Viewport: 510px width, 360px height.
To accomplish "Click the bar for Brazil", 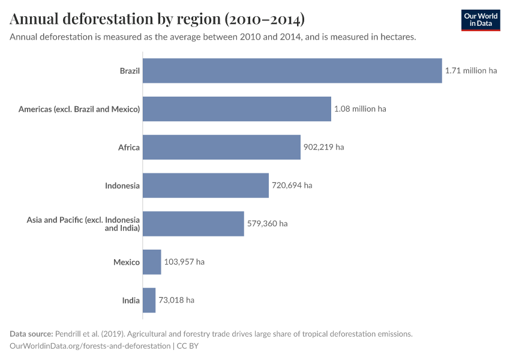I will [x=292, y=71].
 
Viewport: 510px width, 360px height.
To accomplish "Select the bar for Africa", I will [x=221, y=147].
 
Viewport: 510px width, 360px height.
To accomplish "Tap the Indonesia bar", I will [x=205, y=185].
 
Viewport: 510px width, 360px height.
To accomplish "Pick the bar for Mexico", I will [x=152, y=262].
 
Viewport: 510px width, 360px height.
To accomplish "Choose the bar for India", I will [x=149, y=300].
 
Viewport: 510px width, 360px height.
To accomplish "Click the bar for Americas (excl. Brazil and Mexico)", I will [x=236, y=109].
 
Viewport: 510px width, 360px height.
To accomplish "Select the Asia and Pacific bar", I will [x=193, y=224].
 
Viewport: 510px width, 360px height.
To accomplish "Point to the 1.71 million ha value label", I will [x=471, y=71].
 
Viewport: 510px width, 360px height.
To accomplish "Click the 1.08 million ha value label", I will [x=360, y=109].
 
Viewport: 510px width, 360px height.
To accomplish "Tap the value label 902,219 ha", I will [x=323, y=147].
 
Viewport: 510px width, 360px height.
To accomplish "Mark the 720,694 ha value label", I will [x=292, y=185].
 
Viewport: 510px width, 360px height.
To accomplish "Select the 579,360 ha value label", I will [x=267, y=224].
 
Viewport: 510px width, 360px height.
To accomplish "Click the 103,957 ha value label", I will [x=184, y=262].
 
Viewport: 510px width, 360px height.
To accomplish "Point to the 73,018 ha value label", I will [x=176, y=300].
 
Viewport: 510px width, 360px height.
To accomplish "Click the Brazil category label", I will [x=130, y=71].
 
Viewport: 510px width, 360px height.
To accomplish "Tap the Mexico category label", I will [x=127, y=262].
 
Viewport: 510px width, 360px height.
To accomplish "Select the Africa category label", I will [x=129, y=147].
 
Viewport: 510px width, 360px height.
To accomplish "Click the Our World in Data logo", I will [x=481, y=20].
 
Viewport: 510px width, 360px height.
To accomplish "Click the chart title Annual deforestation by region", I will [x=157, y=19].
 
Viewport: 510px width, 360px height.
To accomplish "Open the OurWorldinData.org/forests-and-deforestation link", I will [x=90, y=346].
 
